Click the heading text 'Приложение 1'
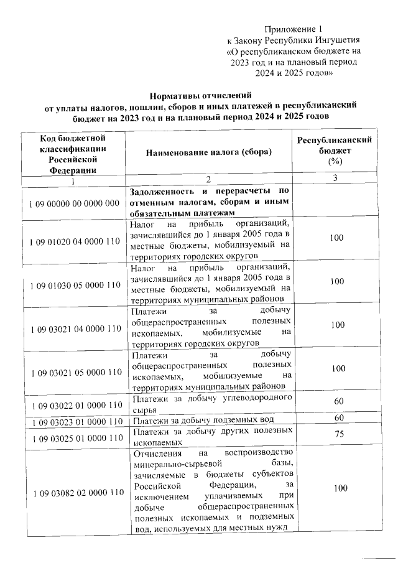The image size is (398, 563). click(x=294, y=29)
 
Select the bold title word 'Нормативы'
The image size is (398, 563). click(x=181, y=96)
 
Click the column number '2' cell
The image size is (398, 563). click(x=208, y=180)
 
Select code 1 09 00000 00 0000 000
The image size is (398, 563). click(x=74, y=203)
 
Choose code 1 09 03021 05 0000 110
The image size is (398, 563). click(x=74, y=372)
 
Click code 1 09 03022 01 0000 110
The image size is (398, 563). click(x=74, y=405)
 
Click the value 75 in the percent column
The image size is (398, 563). click(x=340, y=435)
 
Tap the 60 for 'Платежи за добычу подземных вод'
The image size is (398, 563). click(x=340, y=417)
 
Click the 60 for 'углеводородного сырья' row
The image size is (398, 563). click(x=340, y=401)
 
